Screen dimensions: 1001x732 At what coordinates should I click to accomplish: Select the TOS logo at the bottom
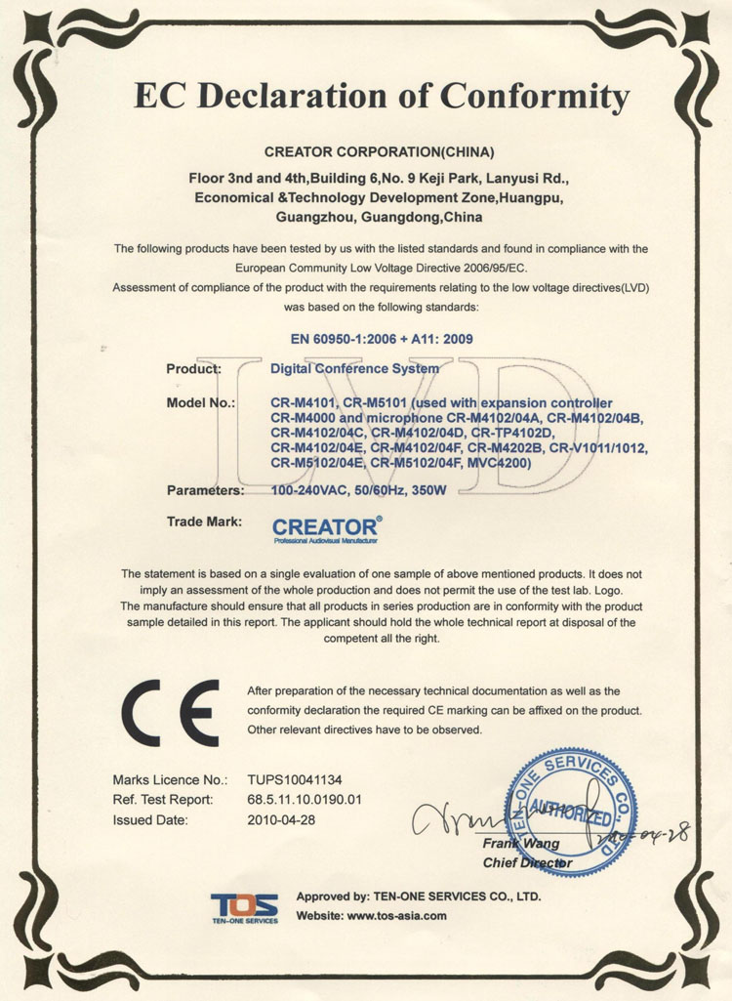coord(244,906)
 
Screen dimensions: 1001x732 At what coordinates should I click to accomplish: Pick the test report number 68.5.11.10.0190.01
coord(305,800)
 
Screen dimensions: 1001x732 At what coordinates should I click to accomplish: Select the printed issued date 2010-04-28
coord(281,820)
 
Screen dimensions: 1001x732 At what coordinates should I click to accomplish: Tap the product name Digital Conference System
coord(354,369)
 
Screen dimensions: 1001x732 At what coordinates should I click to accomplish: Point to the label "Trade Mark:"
coord(205,521)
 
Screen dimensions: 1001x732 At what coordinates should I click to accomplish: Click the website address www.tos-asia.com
coord(396,916)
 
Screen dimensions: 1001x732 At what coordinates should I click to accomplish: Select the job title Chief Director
coord(527,863)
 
